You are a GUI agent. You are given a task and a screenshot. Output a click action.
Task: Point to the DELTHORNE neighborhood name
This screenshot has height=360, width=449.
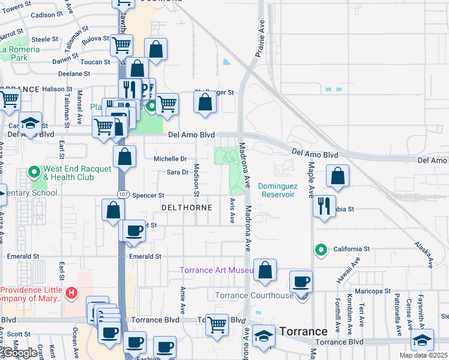pyautogui.click(x=187, y=208)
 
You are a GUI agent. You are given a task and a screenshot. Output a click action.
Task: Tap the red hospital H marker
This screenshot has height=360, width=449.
pyautogui.click(x=71, y=293)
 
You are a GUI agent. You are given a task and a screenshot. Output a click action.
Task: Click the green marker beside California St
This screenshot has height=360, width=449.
pyautogui.click(x=321, y=250)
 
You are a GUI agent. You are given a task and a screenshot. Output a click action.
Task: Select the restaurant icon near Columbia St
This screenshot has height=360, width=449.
pyautogui.click(x=325, y=206)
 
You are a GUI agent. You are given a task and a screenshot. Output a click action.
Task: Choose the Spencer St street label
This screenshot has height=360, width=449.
pyautogui.click(x=148, y=196)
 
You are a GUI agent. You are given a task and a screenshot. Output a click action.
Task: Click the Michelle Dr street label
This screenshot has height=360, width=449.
pyautogui.click(x=171, y=159)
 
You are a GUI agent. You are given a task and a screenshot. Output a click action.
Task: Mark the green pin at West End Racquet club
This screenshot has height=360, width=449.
pyautogui.click(x=35, y=172)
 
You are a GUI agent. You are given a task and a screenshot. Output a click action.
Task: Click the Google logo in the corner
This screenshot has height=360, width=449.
pyautogui.click(x=19, y=353)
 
